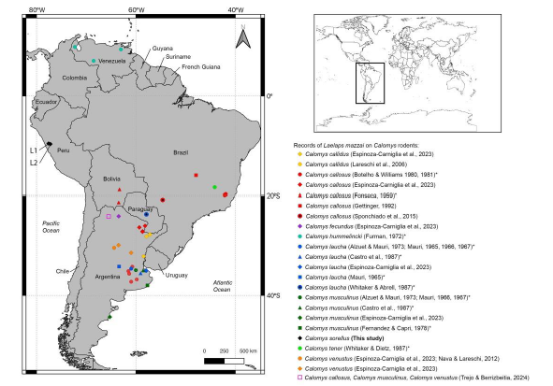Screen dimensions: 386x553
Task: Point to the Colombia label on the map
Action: pyautogui.click(x=74, y=78)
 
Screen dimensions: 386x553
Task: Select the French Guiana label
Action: pyautogui.click(x=203, y=67)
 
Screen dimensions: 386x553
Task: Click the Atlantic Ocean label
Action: pyautogui.click(x=222, y=286)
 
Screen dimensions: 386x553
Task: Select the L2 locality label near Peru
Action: pyautogui.click(x=33, y=164)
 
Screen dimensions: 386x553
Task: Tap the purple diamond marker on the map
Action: pyautogui.click(x=119, y=216)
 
